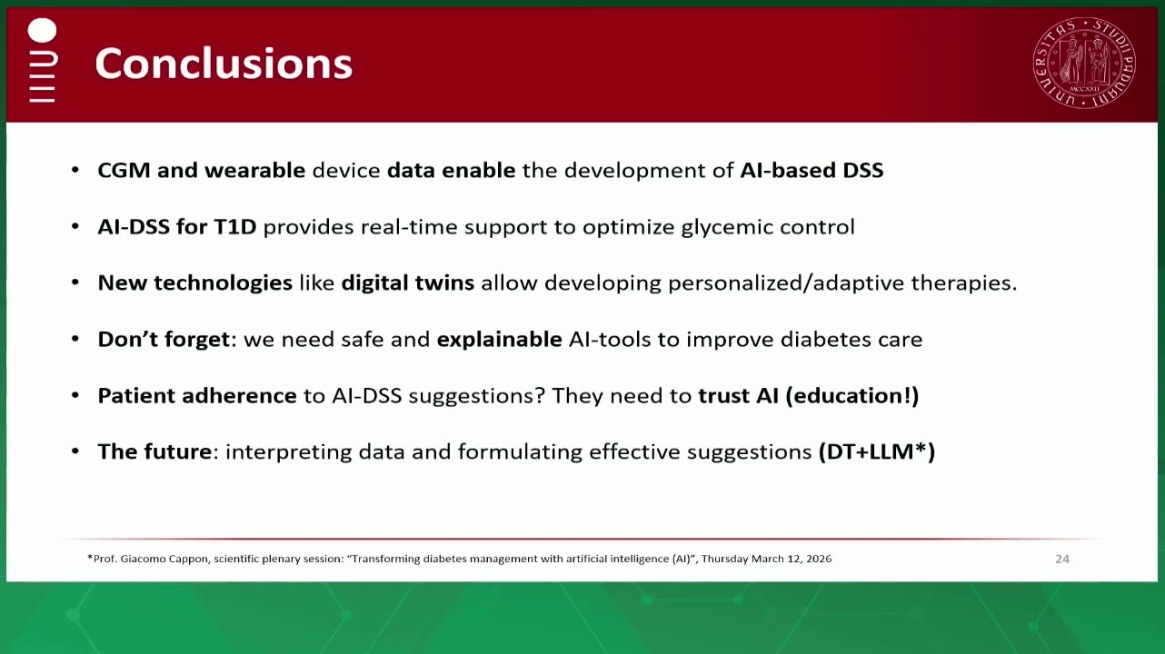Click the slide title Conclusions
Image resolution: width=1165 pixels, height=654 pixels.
click(x=224, y=64)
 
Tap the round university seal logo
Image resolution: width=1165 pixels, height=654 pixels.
click(x=1084, y=63)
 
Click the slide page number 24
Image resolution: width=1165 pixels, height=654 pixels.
click(x=1062, y=559)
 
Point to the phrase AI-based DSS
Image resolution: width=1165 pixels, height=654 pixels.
click(x=812, y=170)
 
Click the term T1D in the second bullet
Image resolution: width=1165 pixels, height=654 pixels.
click(x=235, y=227)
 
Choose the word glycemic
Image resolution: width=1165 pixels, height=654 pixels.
click(x=726, y=227)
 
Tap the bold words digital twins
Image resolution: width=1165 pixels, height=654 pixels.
click(x=408, y=282)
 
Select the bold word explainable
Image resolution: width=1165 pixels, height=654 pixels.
click(x=499, y=339)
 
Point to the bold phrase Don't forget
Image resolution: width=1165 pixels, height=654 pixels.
click(x=164, y=339)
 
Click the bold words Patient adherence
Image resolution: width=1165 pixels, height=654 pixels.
click(x=197, y=396)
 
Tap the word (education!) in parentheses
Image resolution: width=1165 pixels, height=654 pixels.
click(x=851, y=396)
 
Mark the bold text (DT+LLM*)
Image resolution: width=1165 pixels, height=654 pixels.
click(x=877, y=451)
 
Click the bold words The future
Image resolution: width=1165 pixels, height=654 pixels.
click(x=154, y=451)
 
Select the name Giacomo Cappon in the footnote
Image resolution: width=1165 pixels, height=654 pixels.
click(x=164, y=559)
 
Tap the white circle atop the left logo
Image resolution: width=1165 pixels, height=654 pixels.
click(x=42, y=30)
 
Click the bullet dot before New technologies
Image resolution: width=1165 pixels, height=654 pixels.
click(x=75, y=282)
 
